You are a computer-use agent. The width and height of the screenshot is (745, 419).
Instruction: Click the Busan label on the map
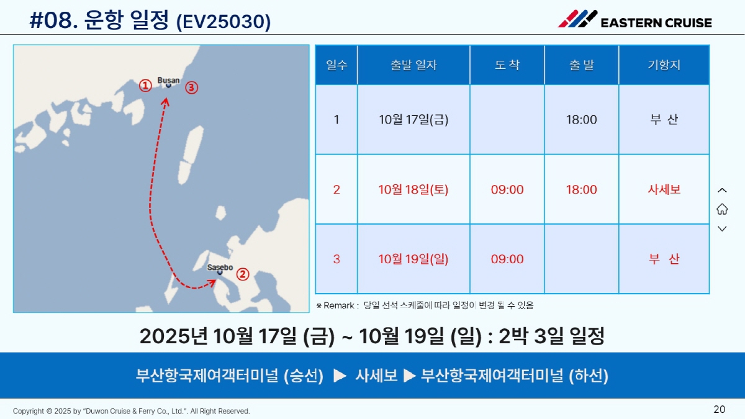point(168,80)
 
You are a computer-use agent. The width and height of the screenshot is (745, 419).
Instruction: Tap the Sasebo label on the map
point(220,267)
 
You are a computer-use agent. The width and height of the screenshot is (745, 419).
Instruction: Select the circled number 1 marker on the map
point(145,86)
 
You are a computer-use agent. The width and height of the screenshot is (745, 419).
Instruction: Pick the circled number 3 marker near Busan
point(191,88)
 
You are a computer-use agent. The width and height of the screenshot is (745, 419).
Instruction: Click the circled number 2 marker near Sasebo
point(243,274)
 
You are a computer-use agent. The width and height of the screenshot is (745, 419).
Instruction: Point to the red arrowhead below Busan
point(166,101)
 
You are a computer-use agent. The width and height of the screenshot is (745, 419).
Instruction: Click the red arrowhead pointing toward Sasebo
point(212,283)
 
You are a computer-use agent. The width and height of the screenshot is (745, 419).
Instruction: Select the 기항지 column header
point(664,65)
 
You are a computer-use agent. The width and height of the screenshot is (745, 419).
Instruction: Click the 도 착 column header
point(507,65)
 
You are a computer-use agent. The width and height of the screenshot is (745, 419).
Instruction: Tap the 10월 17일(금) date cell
point(413,119)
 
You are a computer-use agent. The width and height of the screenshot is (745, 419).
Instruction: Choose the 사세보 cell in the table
point(664,189)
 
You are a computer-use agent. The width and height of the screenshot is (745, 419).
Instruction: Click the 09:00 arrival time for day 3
point(507,259)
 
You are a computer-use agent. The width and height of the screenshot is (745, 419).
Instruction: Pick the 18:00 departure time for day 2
point(581,189)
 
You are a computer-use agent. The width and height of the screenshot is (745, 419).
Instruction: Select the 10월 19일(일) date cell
point(413,259)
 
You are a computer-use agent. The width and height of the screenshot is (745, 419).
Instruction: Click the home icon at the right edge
point(722,209)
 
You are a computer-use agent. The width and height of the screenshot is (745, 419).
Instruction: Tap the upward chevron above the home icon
point(722,190)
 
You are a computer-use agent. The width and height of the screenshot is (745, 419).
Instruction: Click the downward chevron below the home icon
point(722,228)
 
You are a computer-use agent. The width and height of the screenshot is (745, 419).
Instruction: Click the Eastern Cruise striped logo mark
point(577,19)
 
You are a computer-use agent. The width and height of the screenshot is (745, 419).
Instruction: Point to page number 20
point(719,409)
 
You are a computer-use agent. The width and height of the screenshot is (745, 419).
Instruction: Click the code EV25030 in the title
point(223,22)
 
